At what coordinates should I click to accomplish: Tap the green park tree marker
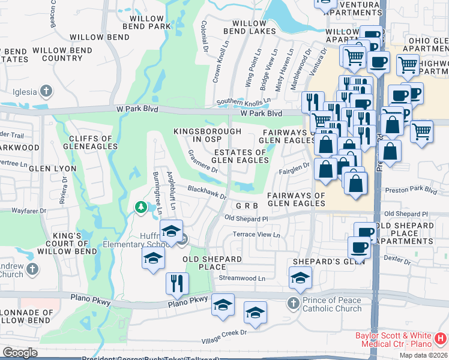140,208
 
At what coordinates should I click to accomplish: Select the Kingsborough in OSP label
207,135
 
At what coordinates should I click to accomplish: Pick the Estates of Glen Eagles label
240,157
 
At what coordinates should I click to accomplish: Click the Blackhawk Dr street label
206,192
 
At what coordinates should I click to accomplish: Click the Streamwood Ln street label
242,278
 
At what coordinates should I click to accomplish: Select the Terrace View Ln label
257,235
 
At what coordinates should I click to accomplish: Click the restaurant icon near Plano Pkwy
176,283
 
